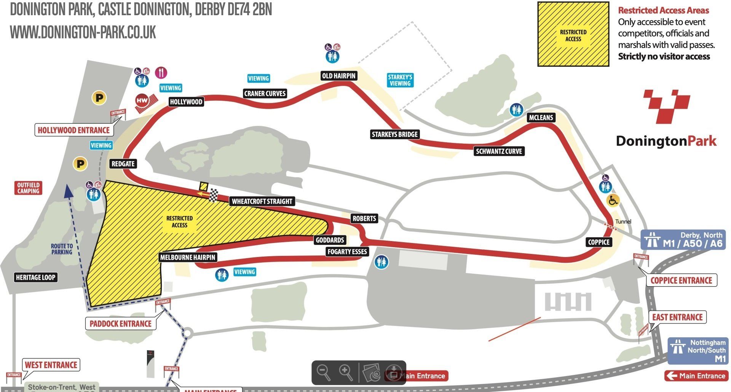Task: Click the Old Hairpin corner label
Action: (x=338, y=76)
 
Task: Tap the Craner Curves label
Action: (x=265, y=94)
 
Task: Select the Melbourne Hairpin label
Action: (x=188, y=257)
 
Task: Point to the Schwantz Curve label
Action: (x=499, y=151)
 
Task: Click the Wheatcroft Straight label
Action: (x=262, y=201)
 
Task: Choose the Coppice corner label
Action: (x=599, y=242)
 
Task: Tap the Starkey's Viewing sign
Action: (x=400, y=80)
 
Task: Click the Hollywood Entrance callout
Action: (x=73, y=130)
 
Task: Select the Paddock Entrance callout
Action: (x=120, y=324)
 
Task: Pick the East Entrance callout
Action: (x=677, y=317)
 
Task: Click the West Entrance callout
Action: (x=51, y=365)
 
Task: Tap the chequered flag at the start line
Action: (x=214, y=195)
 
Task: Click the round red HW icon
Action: (x=142, y=101)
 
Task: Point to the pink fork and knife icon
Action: (x=161, y=72)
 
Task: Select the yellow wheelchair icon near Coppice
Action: (x=613, y=200)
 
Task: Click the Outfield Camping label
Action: (x=28, y=188)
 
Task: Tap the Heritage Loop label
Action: (x=36, y=277)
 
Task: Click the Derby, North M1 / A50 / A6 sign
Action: (x=683, y=240)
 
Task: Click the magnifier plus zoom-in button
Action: (x=346, y=371)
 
